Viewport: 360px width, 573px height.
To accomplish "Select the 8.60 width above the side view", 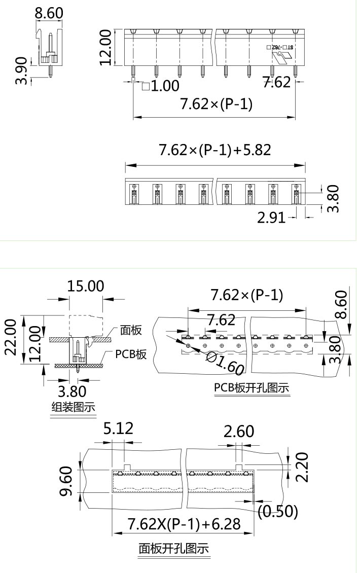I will [x=49, y=13].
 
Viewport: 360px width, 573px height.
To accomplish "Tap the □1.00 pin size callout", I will [x=161, y=86].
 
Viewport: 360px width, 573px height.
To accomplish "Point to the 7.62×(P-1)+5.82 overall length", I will [x=215, y=150].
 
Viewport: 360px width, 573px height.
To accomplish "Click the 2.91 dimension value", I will [x=272, y=218].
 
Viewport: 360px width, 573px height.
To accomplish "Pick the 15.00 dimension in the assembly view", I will [x=86, y=286].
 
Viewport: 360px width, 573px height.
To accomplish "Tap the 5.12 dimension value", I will [x=118, y=429].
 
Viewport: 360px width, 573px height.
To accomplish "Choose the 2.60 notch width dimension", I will [x=239, y=432].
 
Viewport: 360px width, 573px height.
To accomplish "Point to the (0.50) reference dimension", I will [x=277, y=511].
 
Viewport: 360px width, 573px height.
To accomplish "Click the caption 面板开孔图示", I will [x=174, y=549].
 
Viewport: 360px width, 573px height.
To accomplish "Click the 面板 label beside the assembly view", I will [x=131, y=330].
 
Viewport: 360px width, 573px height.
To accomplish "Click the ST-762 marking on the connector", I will [x=282, y=47].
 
